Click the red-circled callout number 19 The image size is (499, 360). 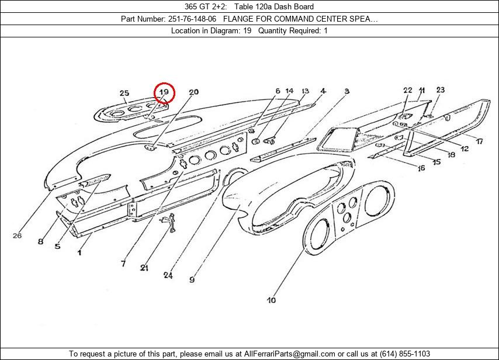pos(165,92)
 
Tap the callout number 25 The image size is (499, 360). pos(124,93)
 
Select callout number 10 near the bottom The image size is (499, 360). pos(271,300)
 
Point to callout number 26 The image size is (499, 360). pos(17,236)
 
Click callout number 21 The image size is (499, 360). pos(144,268)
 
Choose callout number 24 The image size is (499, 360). pos(169,275)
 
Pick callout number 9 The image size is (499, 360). pos(192,280)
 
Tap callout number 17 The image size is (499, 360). pos(479,141)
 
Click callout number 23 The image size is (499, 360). pos(440,90)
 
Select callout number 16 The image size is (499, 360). pos(421,168)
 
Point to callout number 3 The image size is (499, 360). pos(346,91)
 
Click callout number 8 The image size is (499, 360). pos(40,241)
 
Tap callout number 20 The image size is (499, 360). pos(193,92)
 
